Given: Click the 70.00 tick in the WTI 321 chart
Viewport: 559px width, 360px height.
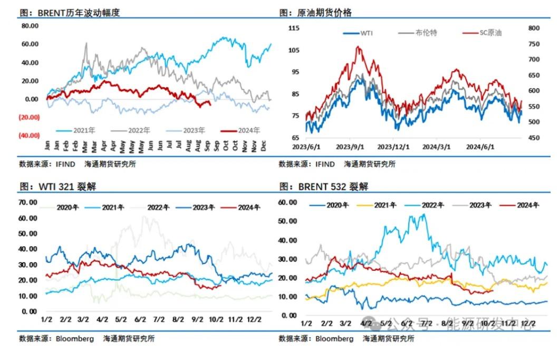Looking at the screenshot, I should (x=27, y=202).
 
